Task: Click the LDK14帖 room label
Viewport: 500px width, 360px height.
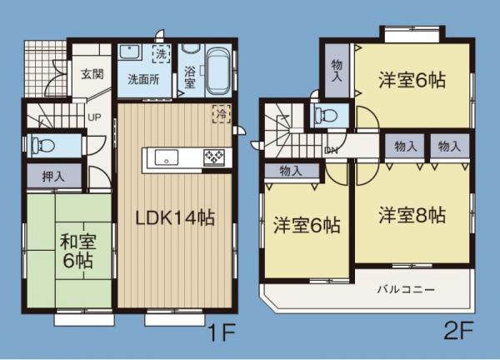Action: point(176,218)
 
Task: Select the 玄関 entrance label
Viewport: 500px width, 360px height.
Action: point(92,73)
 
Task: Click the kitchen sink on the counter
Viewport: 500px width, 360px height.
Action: point(162,156)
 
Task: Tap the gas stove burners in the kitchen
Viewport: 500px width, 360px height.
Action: point(213,156)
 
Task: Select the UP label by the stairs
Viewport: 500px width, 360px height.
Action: point(94,117)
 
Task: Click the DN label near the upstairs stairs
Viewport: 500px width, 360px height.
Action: point(332,150)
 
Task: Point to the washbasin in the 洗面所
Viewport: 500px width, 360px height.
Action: point(131,52)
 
